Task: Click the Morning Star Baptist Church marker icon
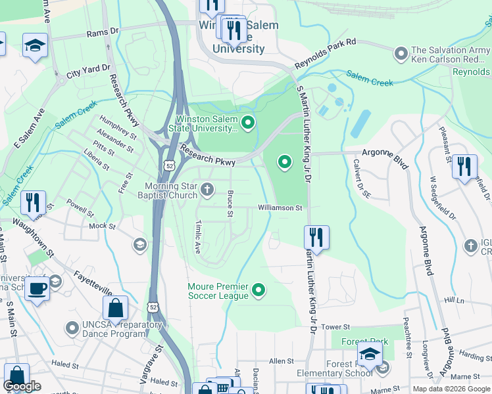pyautogui.click(x=207, y=190)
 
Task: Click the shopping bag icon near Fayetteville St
pyautogui.click(x=115, y=309)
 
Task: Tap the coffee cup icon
pyautogui.click(x=37, y=288)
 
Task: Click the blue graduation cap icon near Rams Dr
pyautogui.click(x=35, y=45)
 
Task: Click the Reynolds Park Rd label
pyautogui.click(x=325, y=53)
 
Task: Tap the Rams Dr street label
pyautogui.click(x=102, y=31)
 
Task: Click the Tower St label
pyautogui.click(x=335, y=326)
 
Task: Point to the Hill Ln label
pyautogui.click(x=454, y=299)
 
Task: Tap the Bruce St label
pyautogui.click(x=230, y=204)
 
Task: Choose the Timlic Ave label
pyautogui.click(x=197, y=237)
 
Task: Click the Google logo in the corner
pyautogui.click(x=23, y=386)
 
